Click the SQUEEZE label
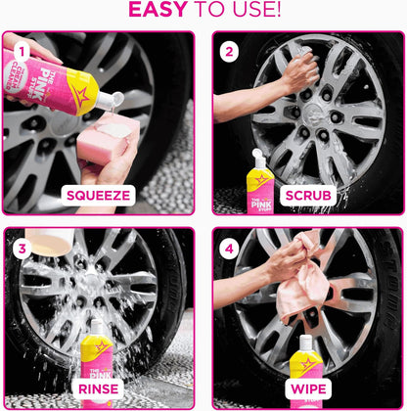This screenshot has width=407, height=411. (x=99, y=195)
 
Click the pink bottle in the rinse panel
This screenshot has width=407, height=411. (x=98, y=352)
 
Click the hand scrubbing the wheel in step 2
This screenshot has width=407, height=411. (x=298, y=71)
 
